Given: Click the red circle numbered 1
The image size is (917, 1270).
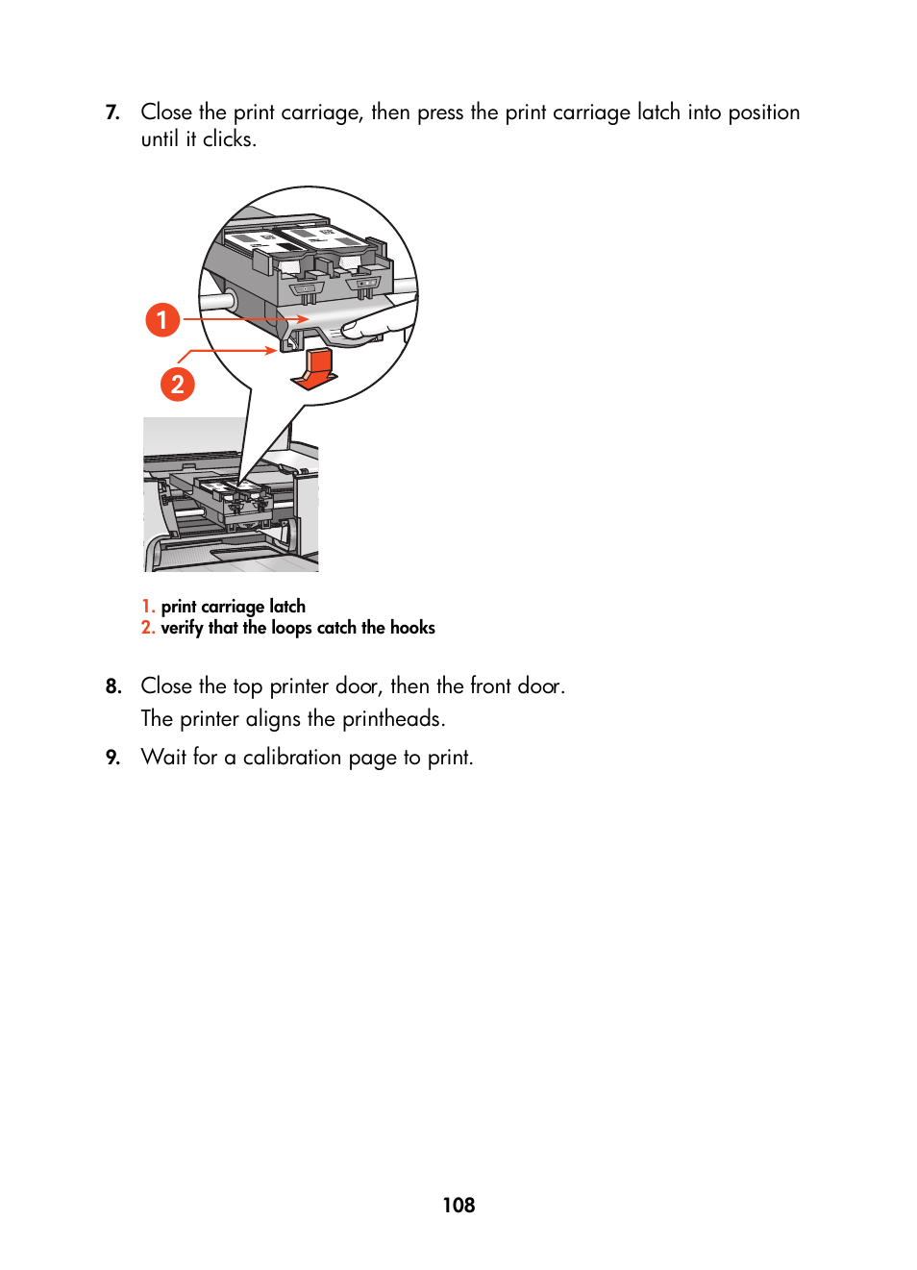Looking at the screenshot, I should (162, 319).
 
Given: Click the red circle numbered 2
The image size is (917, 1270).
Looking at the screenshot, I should (177, 385).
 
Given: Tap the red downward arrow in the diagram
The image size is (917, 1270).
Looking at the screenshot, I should (313, 369).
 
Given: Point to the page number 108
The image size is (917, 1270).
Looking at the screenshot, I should (458, 1205).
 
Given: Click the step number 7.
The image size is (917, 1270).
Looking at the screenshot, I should (112, 112).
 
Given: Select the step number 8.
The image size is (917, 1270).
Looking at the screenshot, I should (113, 686).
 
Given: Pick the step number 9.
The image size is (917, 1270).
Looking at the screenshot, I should (113, 758).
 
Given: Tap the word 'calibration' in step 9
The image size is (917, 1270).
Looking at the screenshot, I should (291, 758).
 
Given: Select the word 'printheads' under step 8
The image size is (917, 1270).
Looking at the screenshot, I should (393, 719).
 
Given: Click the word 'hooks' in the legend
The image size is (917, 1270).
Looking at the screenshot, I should (412, 628).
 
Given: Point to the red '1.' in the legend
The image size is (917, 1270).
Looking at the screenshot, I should (148, 607).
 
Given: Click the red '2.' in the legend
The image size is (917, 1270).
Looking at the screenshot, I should (148, 628).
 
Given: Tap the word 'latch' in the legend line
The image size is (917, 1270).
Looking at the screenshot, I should (287, 607).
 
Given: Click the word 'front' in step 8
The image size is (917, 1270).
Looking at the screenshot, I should (490, 686).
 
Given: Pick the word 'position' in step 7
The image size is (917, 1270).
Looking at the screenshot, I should (763, 112).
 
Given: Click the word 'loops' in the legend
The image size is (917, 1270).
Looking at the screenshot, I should (291, 628).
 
